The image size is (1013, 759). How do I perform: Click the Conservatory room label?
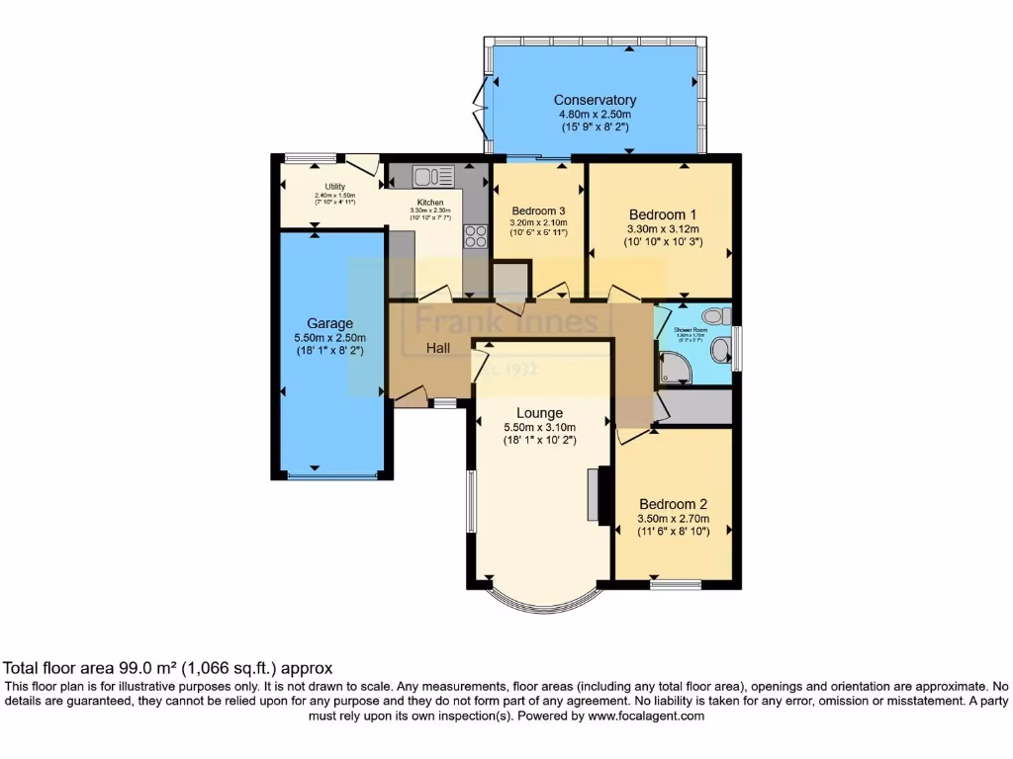[x=595, y=100]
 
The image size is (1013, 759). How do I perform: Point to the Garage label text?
[x=329, y=323]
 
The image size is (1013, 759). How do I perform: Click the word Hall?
[x=439, y=348]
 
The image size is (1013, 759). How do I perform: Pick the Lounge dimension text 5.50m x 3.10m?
[x=539, y=427]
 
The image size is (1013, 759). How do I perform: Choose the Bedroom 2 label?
[x=673, y=502]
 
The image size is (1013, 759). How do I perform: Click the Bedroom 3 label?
[x=539, y=211]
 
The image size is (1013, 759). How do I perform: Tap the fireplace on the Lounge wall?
[x=594, y=494]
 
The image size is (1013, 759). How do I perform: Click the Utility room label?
[x=334, y=186]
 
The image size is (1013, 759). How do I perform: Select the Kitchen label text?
[x=429, y=202]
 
